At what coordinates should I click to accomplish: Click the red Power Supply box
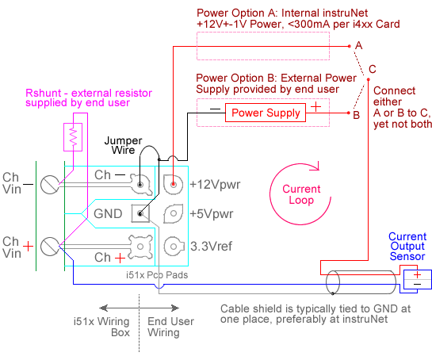click(266, 113)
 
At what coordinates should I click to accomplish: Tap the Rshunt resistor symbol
click(73, 137)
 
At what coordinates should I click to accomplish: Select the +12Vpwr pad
click(173, 184)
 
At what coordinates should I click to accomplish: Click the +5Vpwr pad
click(174, 213)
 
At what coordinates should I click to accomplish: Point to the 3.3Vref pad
click(174, 246)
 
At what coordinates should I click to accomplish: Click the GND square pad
click(140, 213)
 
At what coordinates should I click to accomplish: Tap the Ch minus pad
click(140, 184)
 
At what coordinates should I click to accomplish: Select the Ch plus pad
click(140, 247)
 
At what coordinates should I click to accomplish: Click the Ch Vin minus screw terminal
click(50, 184)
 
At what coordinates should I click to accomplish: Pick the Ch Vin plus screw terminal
click(50, 247)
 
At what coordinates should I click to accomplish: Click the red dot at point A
click(350, 46)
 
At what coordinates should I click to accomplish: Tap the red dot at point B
click(349, 113)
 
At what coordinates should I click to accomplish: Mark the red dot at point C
click(369, 79)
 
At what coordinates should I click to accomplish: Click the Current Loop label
click(301, 194)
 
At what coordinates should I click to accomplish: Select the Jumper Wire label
click(123, 145)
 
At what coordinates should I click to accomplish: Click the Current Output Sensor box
click(418, 279)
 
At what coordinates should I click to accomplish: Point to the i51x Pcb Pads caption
click(157, 275)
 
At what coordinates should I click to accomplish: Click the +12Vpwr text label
click(215, 185)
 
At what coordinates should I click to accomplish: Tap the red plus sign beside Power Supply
click(315, 107)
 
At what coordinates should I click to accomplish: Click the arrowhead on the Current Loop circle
click(316, 167)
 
